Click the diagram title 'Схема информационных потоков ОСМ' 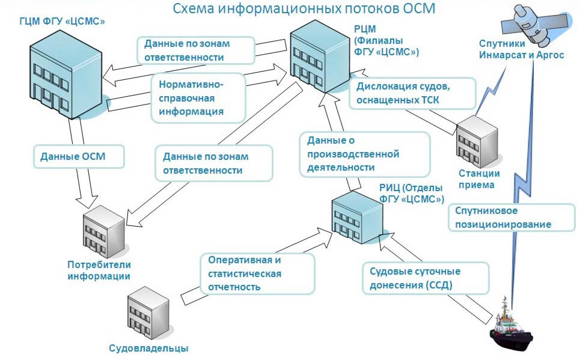coord(304,9)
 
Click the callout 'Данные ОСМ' coord(78,157)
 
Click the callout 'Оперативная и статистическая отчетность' coord(257,273)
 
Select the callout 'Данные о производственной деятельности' coord(364,154)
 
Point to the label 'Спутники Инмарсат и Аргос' coord(521,49)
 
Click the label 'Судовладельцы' coord(148,348)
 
